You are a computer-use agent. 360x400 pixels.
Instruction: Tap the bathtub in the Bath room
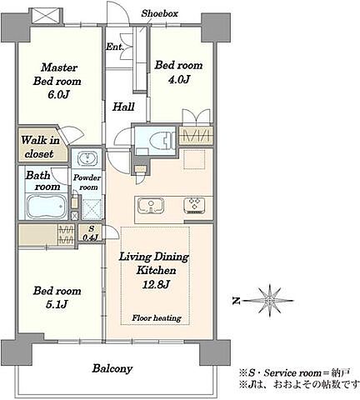[47, 207]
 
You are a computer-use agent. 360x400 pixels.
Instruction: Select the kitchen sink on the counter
[151, 206]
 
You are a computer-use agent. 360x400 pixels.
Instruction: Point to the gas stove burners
[194, 205]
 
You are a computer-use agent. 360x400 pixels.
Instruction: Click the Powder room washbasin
[88, 158]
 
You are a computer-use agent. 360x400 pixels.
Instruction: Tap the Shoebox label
[159, 13]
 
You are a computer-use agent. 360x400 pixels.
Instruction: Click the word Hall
[123, 107]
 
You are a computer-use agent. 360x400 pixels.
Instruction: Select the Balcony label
[112, 369]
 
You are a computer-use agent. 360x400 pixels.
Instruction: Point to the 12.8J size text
[156, 284]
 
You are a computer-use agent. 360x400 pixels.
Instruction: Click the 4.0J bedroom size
[178, 80]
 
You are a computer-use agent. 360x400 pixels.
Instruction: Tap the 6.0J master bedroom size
[57, 95]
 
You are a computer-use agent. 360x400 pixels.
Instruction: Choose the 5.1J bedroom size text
[57, 305]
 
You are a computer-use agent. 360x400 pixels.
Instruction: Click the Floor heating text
[157, 317]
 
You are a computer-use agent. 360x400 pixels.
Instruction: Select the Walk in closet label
[41, 147]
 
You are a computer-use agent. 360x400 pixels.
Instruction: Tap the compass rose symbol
[269, 301]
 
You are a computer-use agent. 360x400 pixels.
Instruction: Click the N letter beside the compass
[236, 301]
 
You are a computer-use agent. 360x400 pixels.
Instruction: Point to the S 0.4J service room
[91, 233]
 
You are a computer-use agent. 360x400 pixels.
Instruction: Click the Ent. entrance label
[114, 47]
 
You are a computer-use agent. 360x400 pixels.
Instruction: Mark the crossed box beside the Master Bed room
[45, 16]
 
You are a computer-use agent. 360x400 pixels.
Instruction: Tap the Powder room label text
[87, 182]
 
